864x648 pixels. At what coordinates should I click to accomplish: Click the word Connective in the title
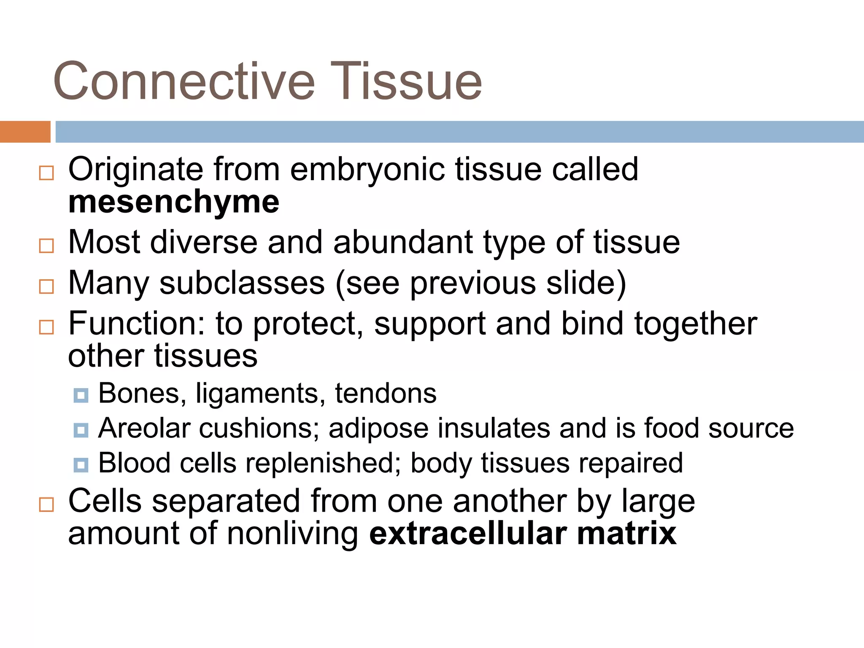[184, 81]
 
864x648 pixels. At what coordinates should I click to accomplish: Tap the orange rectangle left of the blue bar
[25, 132]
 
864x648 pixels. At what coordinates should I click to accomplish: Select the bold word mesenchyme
[173, 202]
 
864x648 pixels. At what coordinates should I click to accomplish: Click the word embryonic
[367, 170]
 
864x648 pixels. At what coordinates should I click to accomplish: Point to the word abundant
[403, 243]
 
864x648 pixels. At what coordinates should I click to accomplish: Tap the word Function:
[137, 324]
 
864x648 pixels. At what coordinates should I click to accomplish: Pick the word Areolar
[144, 429]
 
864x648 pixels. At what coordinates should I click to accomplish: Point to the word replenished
[323, 463]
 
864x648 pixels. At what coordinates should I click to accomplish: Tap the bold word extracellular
[467, 534]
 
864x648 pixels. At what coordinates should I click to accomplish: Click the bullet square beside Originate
[46, 173]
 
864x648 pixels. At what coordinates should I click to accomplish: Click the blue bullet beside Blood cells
[81, 465]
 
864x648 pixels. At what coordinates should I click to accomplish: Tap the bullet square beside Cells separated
[46, 505]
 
